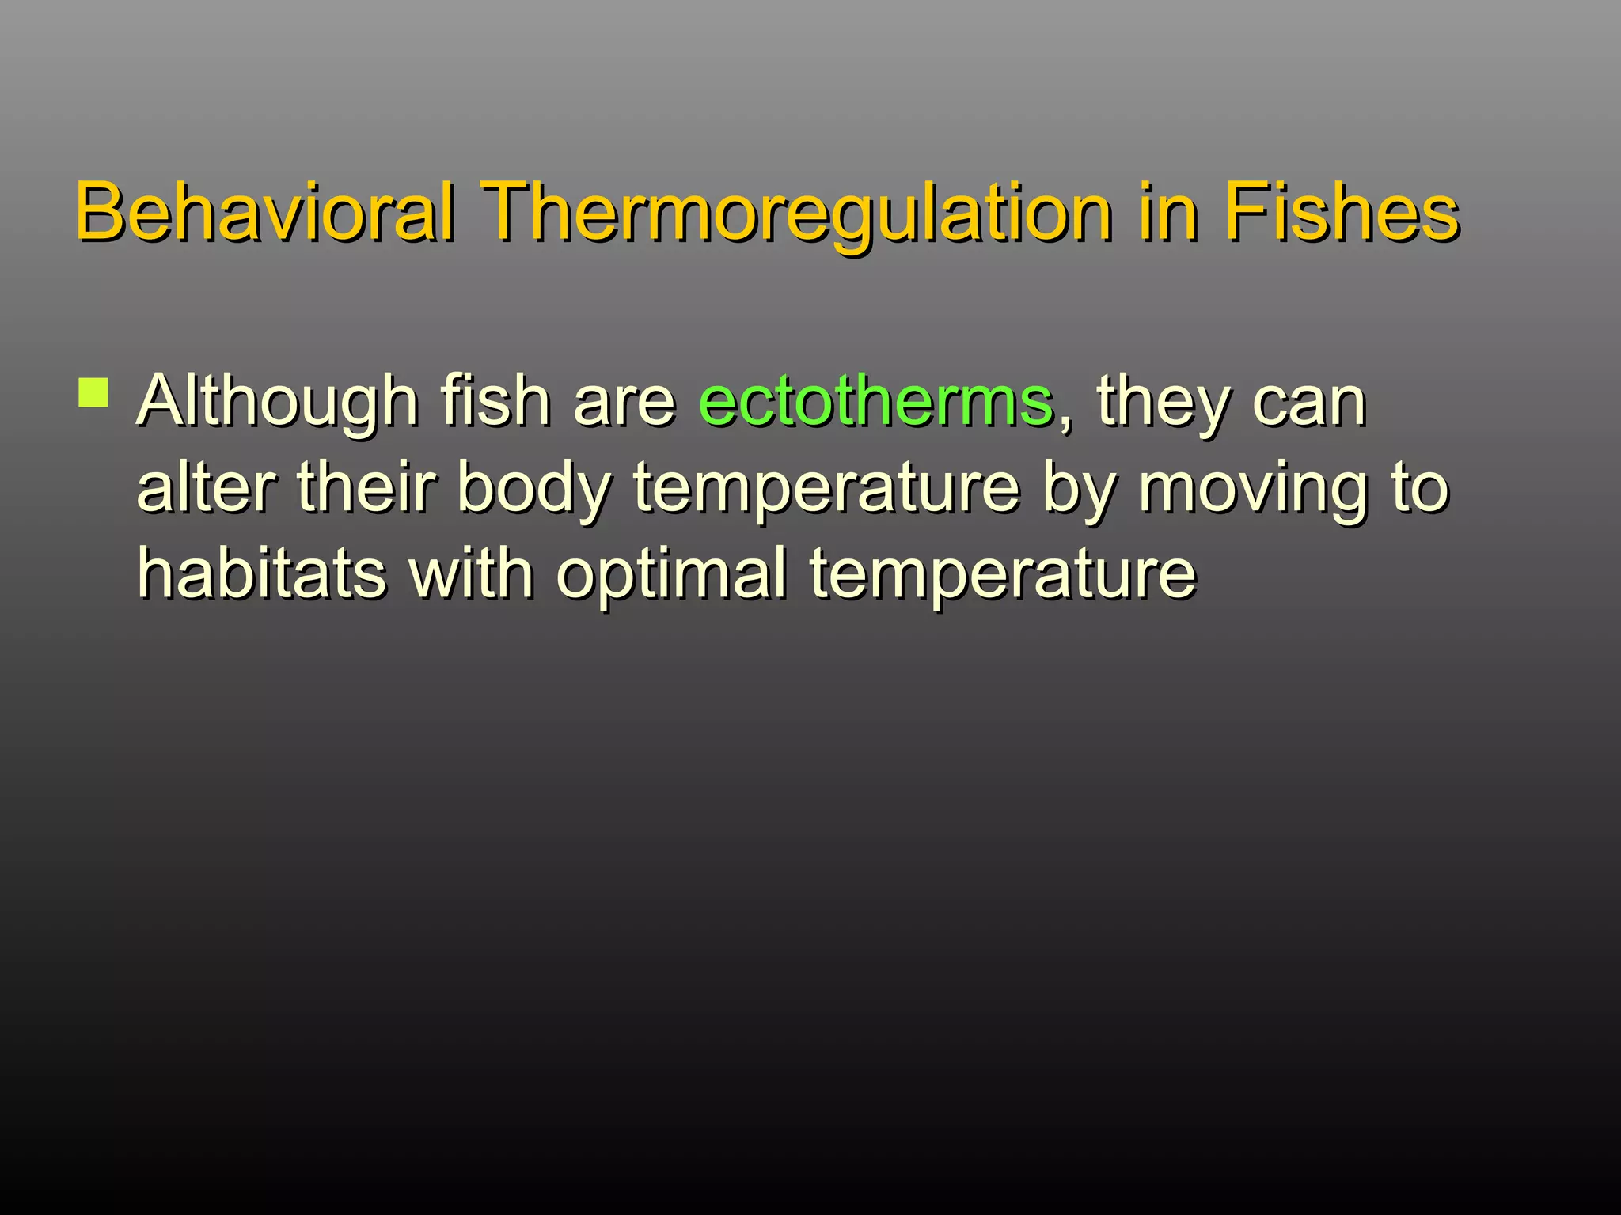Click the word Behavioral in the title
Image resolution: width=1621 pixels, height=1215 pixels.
265,211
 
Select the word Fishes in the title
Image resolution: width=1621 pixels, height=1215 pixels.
1341,211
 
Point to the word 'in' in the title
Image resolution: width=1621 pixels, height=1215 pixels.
1167,211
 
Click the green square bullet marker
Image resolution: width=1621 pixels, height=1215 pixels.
94,392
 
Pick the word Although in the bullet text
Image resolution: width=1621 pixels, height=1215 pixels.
278,402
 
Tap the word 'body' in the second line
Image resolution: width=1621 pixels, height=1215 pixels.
533,489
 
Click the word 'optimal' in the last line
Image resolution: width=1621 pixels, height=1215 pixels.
672,573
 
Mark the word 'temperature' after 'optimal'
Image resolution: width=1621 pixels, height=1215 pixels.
1002,575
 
